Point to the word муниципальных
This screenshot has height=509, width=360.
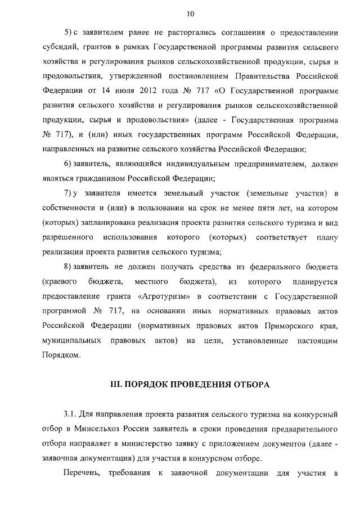[x=70, y=341]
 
